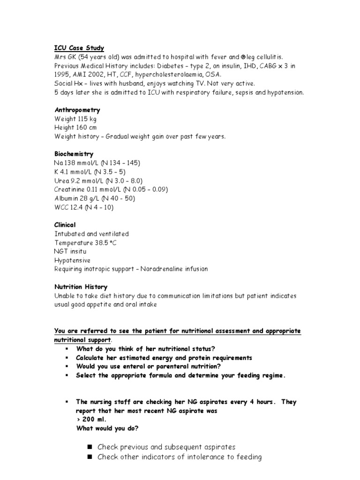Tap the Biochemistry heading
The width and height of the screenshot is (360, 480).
[74, 154]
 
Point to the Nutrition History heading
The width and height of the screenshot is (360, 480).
[81, 287]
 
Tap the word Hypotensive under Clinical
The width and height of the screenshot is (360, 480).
[72, 260]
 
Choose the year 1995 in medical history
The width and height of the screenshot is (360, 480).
[62, 75]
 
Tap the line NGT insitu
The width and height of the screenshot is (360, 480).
[70, 251]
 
